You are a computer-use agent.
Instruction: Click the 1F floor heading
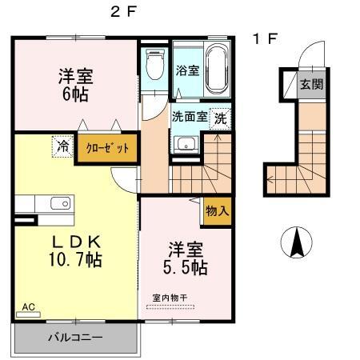pos(265,38)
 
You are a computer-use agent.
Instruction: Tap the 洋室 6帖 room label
pos(75,85)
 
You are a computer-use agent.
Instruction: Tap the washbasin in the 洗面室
pos(186,145)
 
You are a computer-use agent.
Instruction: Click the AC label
pos(29,306)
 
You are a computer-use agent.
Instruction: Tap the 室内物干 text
pos(170,298)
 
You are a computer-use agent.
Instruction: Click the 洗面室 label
pos(190,116)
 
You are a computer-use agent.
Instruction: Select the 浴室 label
pos(186,69)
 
